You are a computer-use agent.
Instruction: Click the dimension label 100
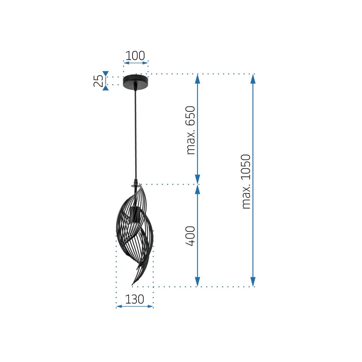[x=135, y=56]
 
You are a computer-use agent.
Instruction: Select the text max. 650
[x=190, y=130]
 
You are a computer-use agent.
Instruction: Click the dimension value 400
[x=190, y=236]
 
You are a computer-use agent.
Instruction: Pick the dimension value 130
[x=135, y=299]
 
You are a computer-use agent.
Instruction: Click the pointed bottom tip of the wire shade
[x=133, y=283]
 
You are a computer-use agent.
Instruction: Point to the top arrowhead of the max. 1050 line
[x=253, y=79]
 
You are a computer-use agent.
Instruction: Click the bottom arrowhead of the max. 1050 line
[x=253, y=282]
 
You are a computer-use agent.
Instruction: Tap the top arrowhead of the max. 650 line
[x=197, y=79]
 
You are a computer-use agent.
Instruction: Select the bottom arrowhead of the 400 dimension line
[x=197, y=282]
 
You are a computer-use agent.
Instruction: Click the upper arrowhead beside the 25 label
[x=105, y=73]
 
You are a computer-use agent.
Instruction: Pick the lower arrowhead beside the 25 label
[x=105, y=88]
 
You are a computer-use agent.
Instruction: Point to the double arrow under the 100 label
[x=136, y=63]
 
